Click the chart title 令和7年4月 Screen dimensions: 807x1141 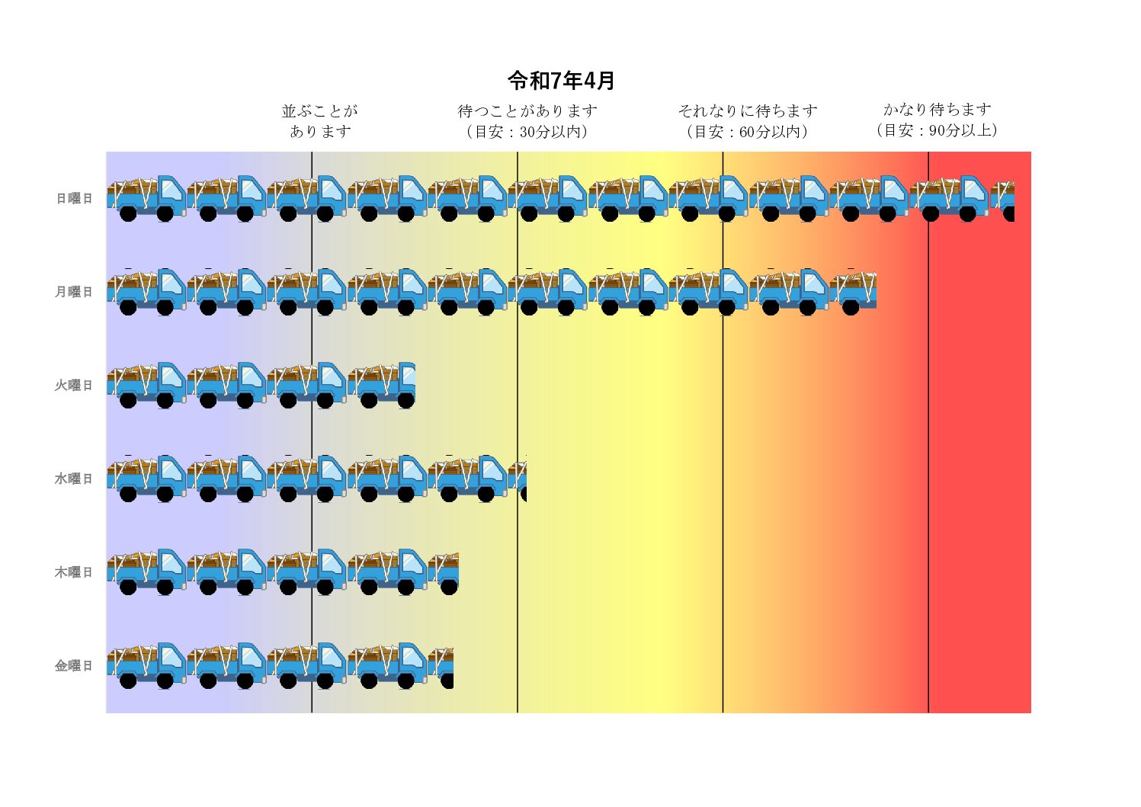click(561, 80)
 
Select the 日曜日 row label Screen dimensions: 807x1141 click(74, 198)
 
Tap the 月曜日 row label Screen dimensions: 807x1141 click(73, 292)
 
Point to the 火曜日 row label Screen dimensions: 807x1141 click(73, 386)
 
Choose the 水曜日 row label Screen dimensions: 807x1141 click(73, 479)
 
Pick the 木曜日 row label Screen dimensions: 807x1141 click(73, 572)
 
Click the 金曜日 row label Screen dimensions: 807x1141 click(73, 666)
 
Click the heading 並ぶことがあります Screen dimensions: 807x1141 click(320, 121)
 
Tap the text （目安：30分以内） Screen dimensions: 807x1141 click(527, 132)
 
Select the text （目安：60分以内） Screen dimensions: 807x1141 click(747, 132)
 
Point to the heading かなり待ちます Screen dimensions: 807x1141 click(937, 110)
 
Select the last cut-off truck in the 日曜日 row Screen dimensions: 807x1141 click(1003, 200)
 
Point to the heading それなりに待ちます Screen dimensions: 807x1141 click(747, 111)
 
